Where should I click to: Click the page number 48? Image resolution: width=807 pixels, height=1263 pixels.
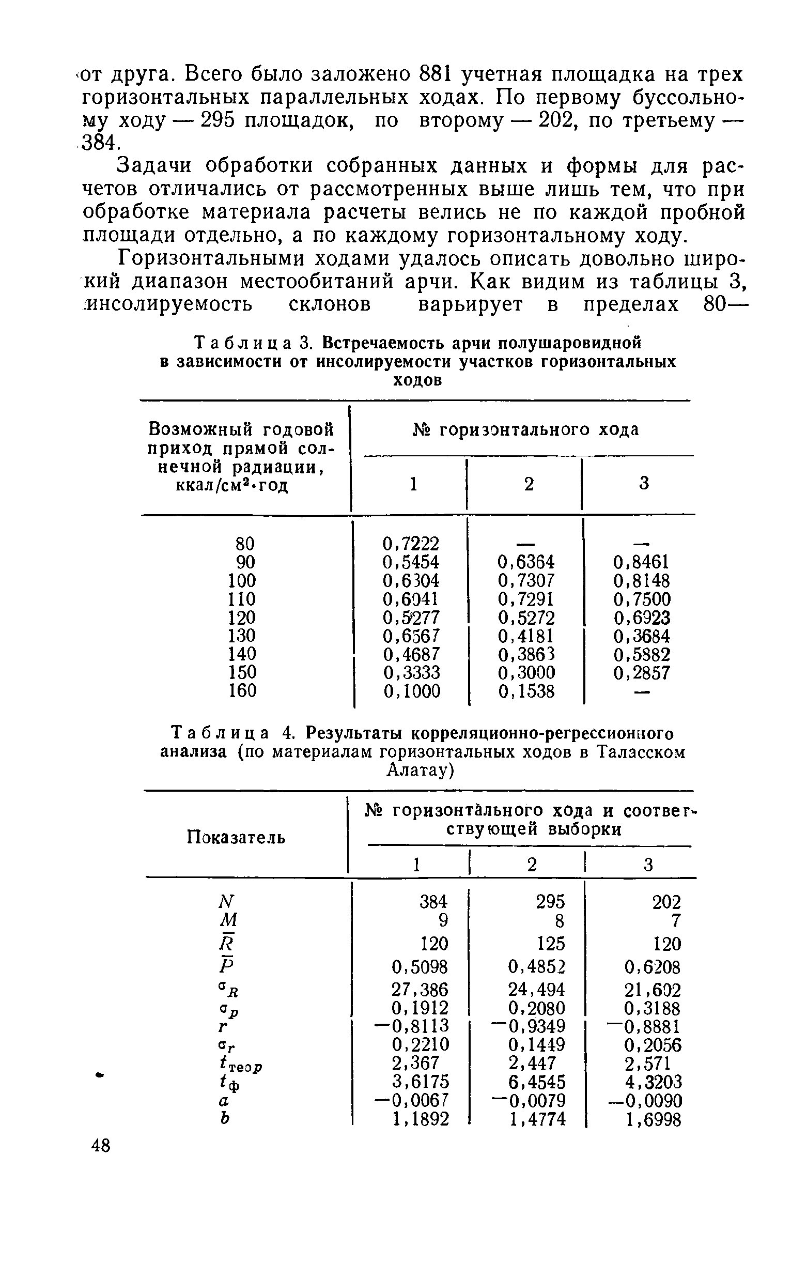(101, 1146)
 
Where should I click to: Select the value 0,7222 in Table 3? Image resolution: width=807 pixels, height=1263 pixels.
(411, 543)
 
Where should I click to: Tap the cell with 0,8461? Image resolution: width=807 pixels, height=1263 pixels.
(641, 562)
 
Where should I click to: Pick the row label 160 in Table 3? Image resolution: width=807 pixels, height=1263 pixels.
(242, 691)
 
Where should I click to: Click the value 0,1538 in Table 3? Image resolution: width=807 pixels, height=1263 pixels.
(526, 692)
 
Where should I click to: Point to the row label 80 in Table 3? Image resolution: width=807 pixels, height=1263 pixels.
(245, 543)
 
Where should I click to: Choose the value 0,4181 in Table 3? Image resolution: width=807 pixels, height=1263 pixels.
(526, 636)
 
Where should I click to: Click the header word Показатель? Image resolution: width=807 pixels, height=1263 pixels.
(236, 838)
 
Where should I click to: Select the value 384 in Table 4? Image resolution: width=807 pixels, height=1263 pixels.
(433, 902)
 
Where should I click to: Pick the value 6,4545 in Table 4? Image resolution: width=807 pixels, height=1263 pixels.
(537, 1082)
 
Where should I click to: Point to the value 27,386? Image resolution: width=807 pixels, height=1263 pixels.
(420, 990)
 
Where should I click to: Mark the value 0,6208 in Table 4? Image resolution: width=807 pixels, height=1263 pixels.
(653, 966)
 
